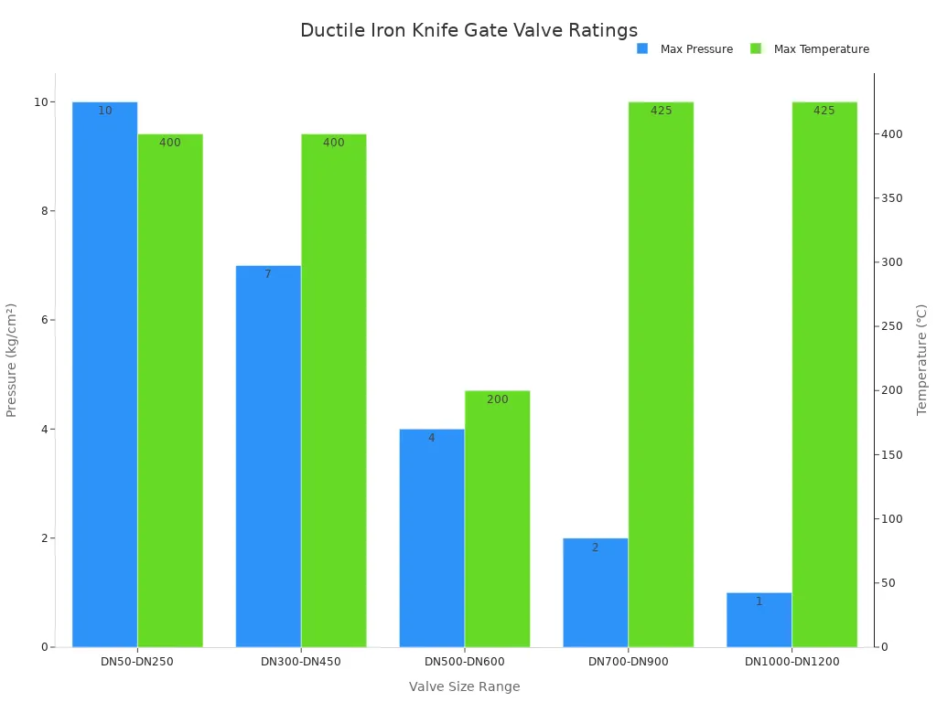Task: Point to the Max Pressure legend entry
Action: tap(685, 49)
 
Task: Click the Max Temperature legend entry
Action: tap(810, 49)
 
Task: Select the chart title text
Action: tap(468, 30)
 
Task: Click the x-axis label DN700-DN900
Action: tap(628, 662)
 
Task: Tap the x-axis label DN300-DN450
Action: tap(301, 662)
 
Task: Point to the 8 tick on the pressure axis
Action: tap(41, 211)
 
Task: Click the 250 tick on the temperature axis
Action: tap(892, 326)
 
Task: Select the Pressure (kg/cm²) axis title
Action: tap(12, 360)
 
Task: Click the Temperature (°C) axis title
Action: tap(921, 360)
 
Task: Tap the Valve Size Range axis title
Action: tap(464, 686)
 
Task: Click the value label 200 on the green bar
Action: tap(497, 399)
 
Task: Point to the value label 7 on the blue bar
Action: tap(268, 274)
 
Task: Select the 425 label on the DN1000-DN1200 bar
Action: tap(824, 111)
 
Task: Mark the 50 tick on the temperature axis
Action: tap(889, 583)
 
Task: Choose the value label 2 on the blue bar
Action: tap(595, 548)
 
